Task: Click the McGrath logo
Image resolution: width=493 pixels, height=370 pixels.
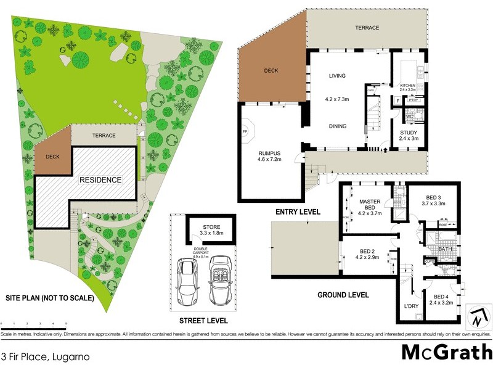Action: point(446,352)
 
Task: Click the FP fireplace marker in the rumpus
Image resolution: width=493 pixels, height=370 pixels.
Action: point(245,131)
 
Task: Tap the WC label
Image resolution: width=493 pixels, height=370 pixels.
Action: point(410,116)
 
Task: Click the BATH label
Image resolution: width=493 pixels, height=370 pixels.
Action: point(445,249)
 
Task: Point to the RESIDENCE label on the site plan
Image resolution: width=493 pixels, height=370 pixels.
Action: point(100,180)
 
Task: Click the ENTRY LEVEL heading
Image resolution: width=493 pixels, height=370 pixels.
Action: point(298,212)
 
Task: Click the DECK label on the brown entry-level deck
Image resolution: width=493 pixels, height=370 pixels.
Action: point(271,71)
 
